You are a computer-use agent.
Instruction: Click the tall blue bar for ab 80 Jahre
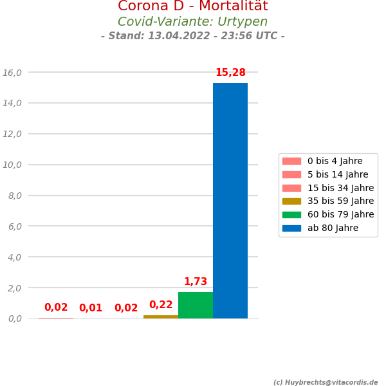pos(230,201)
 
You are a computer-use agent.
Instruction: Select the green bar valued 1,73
pos(196,306)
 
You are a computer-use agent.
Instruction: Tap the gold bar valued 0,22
pos(161,317)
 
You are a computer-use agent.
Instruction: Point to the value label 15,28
pos(230,73)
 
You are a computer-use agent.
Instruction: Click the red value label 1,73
pos(196,282)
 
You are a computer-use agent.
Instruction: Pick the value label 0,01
pos(91,308)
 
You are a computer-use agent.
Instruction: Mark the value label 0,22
pos(161,305)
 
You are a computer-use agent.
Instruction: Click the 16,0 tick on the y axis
pos(12,73)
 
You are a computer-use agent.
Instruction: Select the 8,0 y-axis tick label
pos(15,196)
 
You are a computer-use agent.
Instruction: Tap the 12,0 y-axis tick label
pos(12,134)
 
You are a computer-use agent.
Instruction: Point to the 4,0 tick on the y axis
pos(15,257)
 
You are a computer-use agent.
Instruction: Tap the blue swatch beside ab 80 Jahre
pos(291,228)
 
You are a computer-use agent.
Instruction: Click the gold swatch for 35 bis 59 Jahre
pos(291,201)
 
